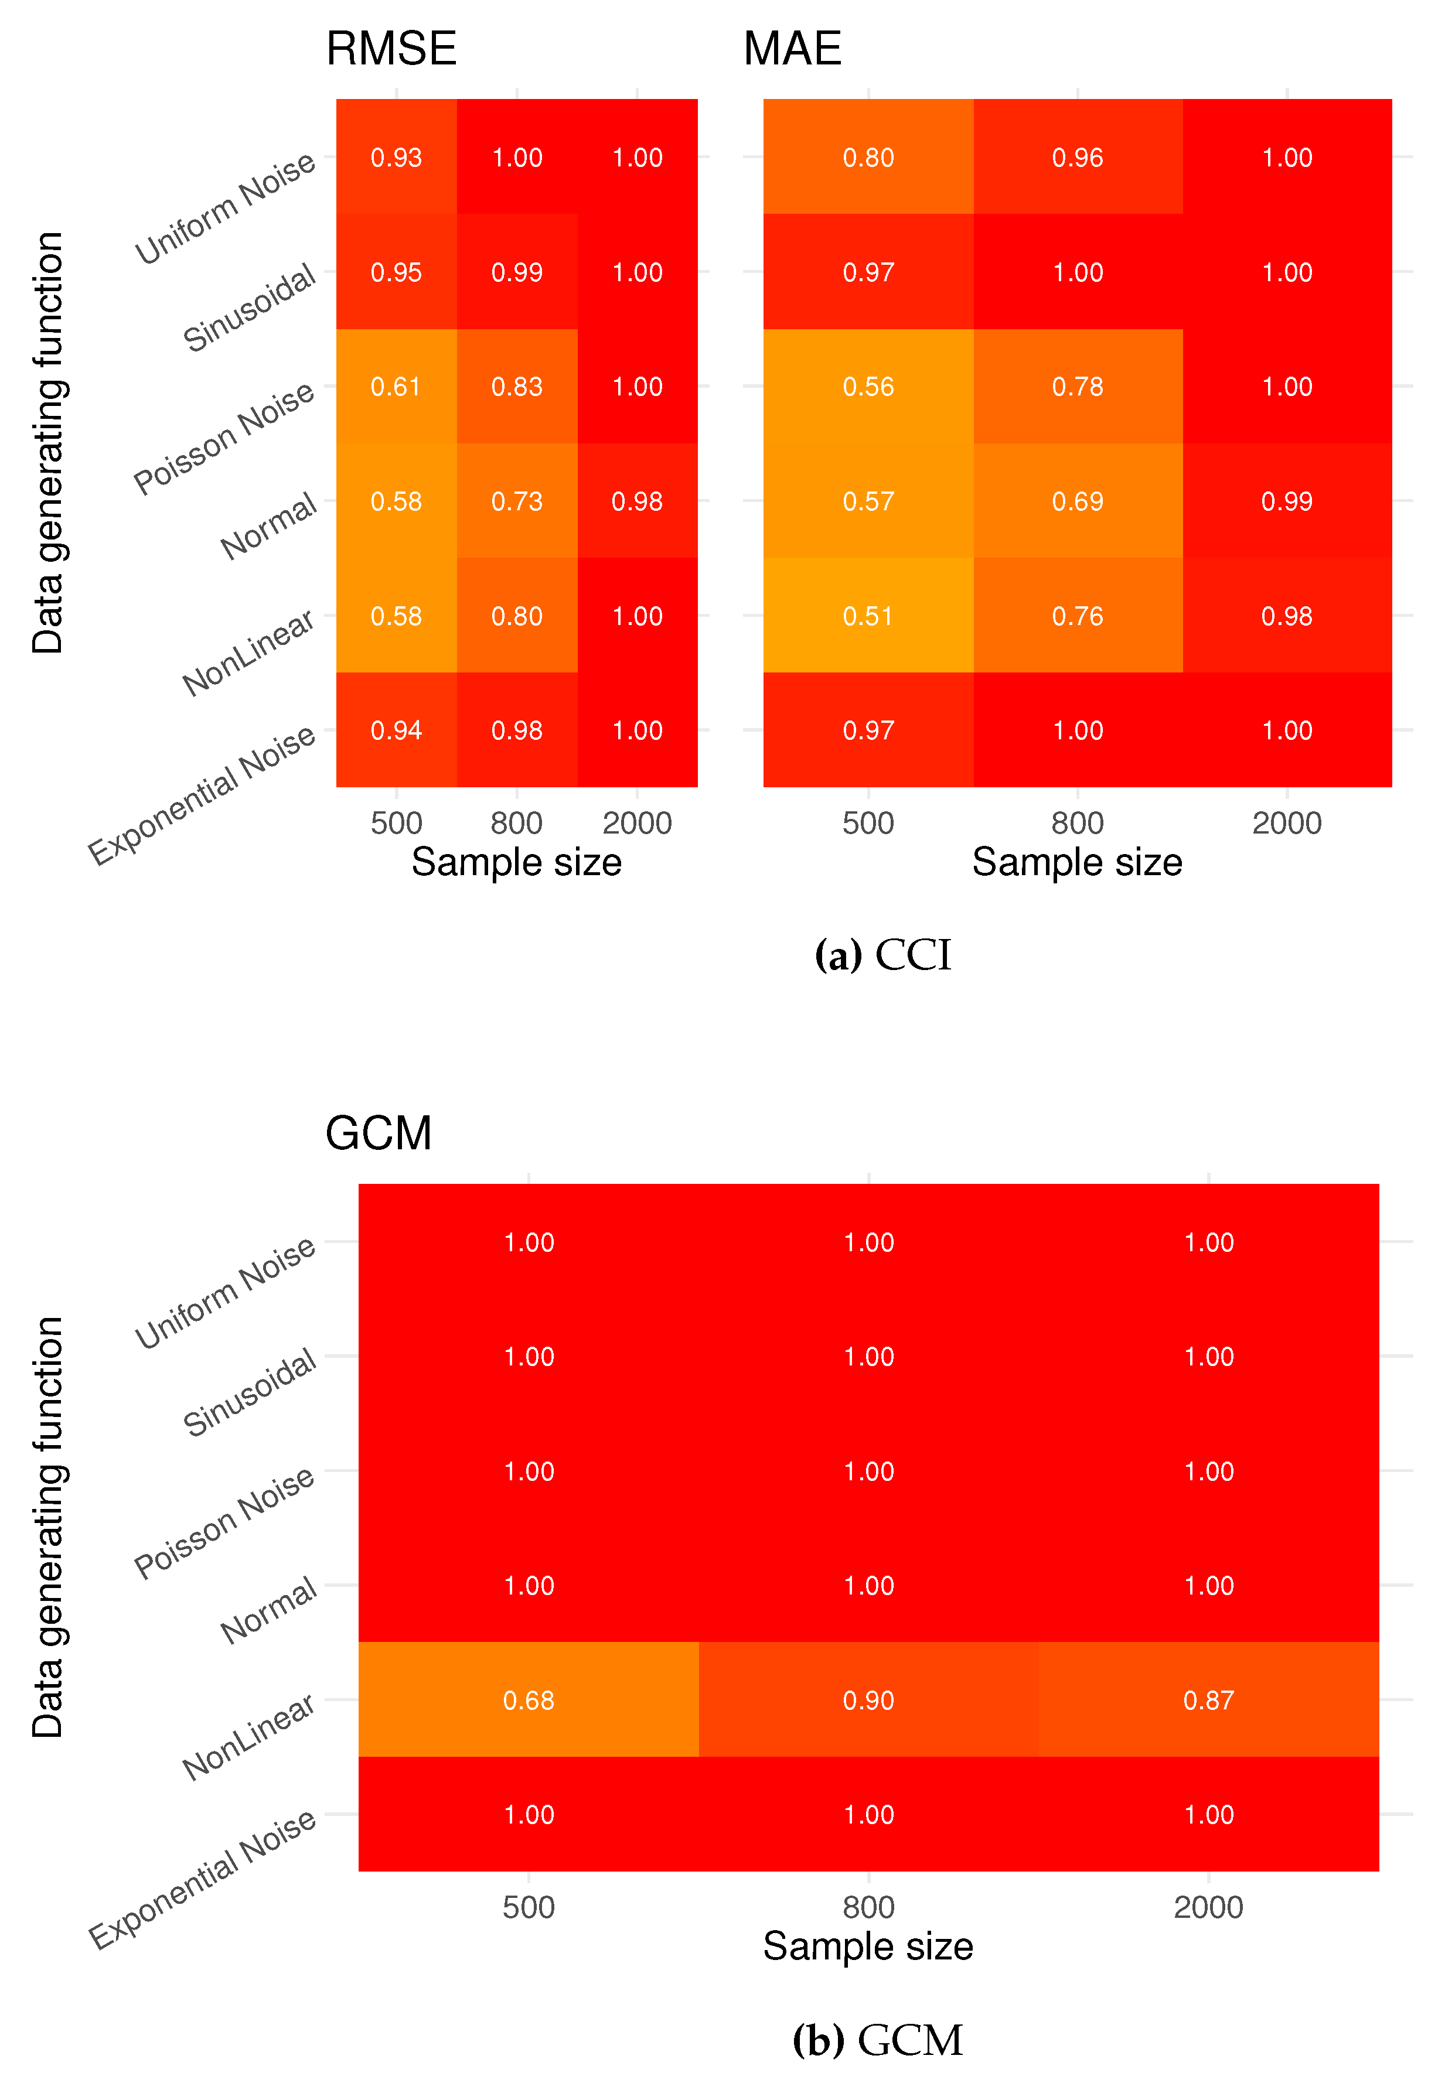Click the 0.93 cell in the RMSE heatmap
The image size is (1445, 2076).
(x=396, y=158)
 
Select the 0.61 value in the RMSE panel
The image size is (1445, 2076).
(x=396, y=387)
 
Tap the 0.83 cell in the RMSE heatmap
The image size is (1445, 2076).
(x=516, y=387)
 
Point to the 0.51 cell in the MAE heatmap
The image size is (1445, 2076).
(x=868, y=616)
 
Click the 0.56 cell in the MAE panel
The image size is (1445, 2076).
(x=868, y=387)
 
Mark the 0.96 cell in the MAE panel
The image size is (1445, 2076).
(x=1077, y=158)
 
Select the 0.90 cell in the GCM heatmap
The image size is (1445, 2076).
(x=868, y=1700)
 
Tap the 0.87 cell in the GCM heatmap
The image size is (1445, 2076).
(x=1208, y=1700)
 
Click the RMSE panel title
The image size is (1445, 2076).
(x=391, y=49)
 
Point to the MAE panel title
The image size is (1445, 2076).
(x=792, y=49)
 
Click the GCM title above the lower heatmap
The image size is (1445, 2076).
(x=378, y=1133)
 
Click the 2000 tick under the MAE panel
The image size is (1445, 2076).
(x=1286, y=823)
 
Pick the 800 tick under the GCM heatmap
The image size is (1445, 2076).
(x=868, y=1908)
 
